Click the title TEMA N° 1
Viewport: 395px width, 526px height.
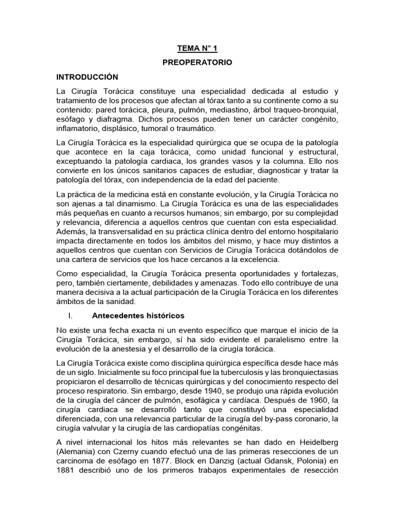[197, 48]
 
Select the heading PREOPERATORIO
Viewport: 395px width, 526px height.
[197, 62]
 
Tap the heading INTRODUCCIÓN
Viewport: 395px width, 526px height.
[87, 77]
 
